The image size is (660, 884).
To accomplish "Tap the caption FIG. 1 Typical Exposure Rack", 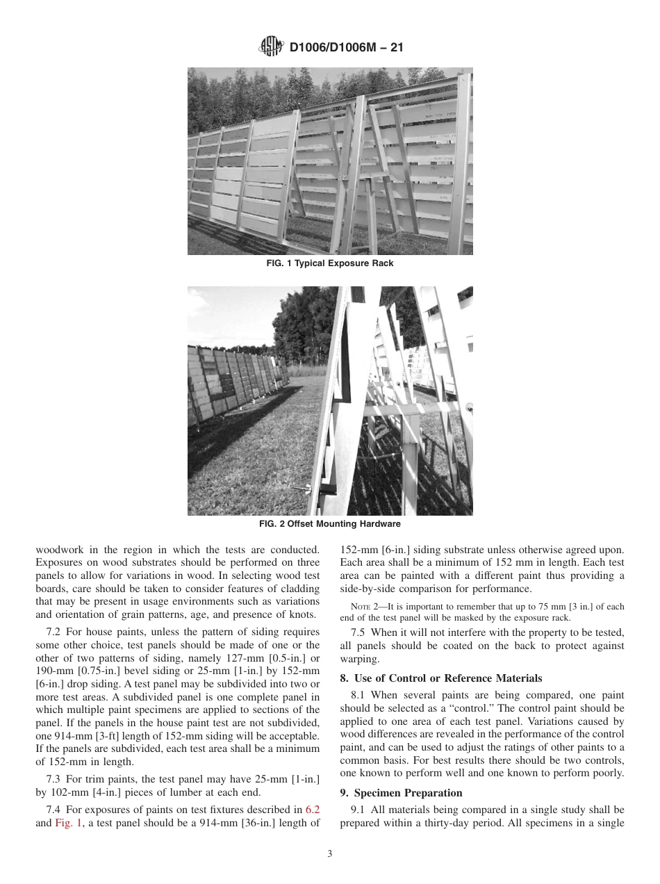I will coord(330,263).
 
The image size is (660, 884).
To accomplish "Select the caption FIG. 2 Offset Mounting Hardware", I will coord(330,524).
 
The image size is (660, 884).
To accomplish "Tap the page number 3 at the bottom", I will coord(330,855).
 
